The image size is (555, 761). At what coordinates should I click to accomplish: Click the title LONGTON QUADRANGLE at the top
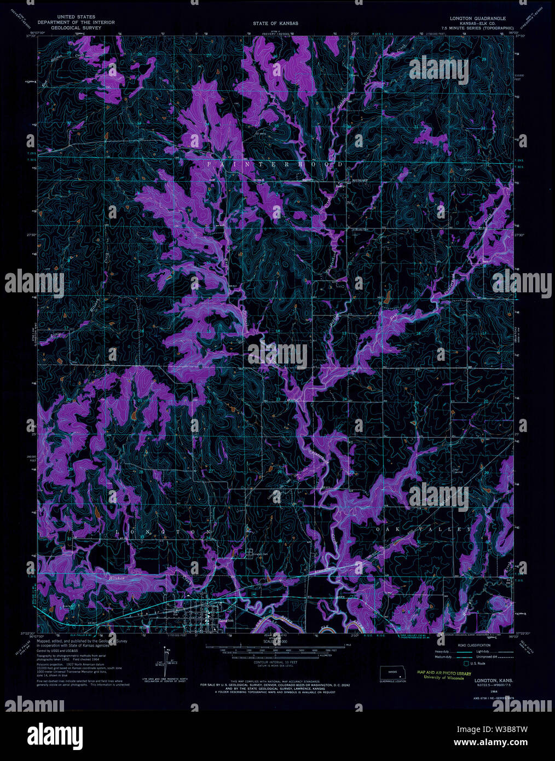click(x=478, y=18)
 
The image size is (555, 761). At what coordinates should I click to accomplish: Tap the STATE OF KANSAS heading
click(x=275, y=24)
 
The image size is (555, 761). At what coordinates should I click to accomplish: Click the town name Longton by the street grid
click(x=226, y=620)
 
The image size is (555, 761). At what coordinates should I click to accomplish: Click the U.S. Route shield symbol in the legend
click(x=466, y=663)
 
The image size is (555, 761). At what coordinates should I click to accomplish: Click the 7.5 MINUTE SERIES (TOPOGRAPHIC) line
click(x=478, y=27)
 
